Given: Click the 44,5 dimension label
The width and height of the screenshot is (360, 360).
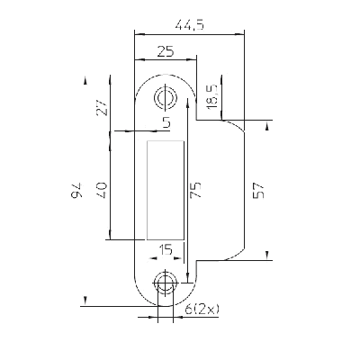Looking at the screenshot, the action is point(190,25).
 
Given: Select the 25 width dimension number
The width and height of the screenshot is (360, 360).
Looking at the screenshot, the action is point(166,51).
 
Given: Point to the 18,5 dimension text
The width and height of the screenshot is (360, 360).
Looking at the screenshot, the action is point(211,96).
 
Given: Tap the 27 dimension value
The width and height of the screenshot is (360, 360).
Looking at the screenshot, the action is point(102,107).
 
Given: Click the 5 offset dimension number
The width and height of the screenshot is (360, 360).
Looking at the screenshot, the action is point(166,122).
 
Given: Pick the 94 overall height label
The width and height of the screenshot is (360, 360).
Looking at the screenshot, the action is point(76,190).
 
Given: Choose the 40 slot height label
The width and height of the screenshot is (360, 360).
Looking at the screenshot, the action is point(102,190).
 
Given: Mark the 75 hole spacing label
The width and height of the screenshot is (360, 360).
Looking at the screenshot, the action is point(195,190).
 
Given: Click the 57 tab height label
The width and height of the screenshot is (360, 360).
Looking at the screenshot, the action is point(258,191).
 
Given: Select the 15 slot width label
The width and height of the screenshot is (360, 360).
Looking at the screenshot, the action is point(166,249).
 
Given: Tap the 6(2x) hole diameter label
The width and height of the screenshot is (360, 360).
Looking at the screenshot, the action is point(202,309).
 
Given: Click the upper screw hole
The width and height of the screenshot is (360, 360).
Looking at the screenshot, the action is point(165,97).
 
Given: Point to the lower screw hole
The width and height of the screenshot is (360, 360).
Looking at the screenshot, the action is point(165,283).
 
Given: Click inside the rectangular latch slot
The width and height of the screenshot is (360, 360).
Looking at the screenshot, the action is point(166,190).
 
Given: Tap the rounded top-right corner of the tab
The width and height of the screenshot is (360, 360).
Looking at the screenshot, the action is point(236,125).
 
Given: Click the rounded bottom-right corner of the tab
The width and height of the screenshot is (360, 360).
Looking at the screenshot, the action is point(236,255).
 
